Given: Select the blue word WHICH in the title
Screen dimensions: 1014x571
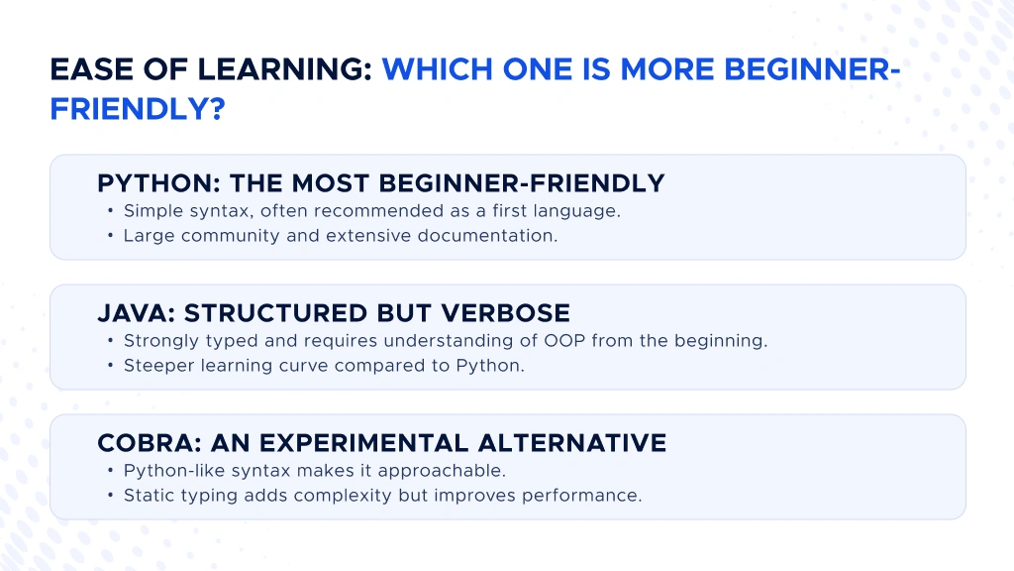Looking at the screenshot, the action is point(437,70).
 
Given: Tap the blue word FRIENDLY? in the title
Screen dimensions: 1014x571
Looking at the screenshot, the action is point(138,109).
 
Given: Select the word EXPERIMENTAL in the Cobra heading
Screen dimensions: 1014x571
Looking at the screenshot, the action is point(364,443).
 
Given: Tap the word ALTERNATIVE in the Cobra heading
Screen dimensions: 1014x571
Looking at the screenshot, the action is point(572,443).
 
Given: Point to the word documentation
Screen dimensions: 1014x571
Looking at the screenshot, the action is point(487,236).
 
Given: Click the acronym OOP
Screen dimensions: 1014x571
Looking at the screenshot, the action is point(564,341).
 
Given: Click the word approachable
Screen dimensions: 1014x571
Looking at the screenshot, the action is point(443,471).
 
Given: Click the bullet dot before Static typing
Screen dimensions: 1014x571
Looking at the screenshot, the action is point(111,496).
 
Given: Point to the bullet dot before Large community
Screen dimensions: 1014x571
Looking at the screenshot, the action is point(111,236).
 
